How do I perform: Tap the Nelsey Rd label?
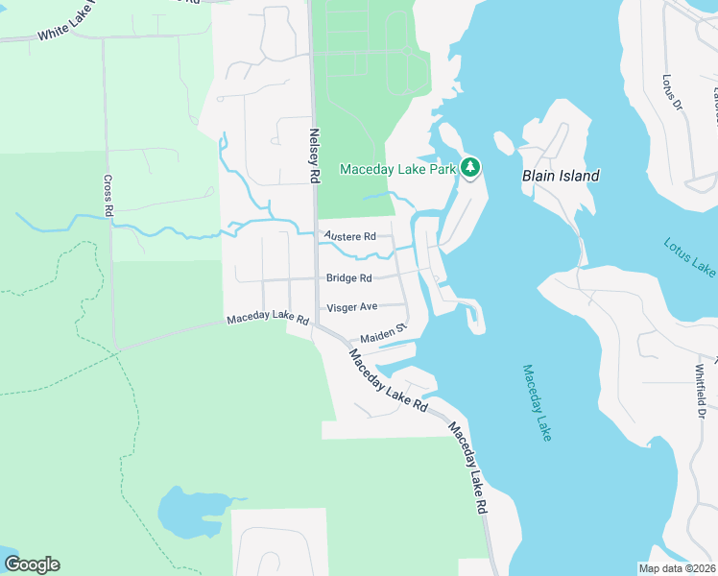point(313,156)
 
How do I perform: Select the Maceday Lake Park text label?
point(397,170)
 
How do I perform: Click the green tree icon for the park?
point(470,168)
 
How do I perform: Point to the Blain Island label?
point(561,176)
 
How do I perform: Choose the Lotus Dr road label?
point(671,91)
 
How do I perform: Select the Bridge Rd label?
point(348,278)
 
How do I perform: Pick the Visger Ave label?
point(352,307)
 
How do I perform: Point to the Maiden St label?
point(384,334)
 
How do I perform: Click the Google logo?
point(32,564)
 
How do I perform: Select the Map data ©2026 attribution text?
point(677,567)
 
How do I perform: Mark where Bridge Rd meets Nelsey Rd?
point(316,279)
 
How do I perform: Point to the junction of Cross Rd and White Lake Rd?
point(105,36)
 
